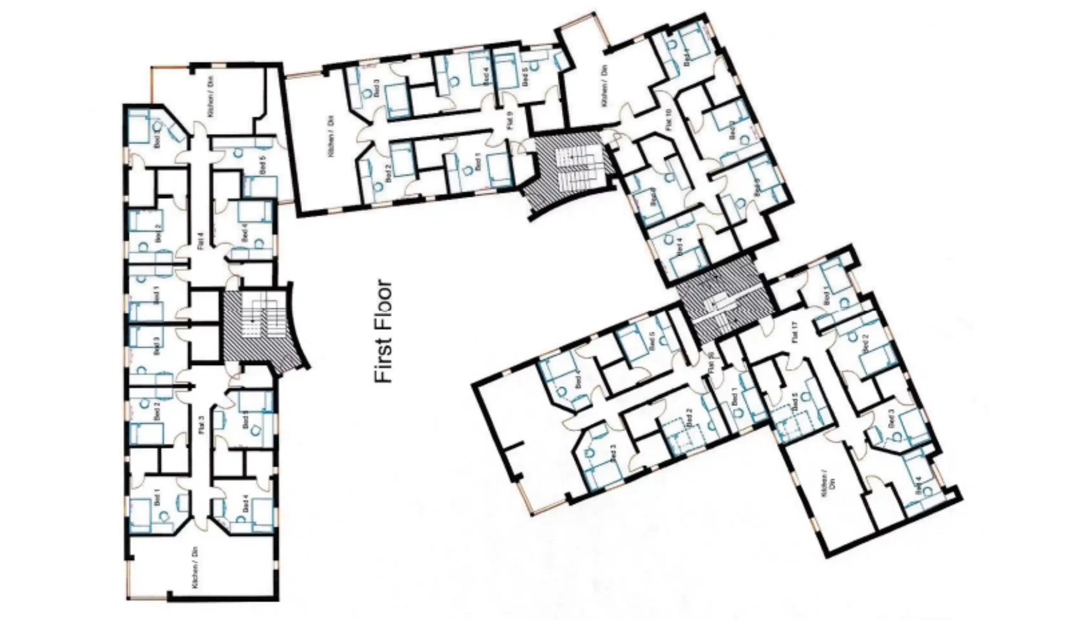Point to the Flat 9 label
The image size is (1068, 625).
point(509,120)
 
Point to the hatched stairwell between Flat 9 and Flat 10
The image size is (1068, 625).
point(570,169)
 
